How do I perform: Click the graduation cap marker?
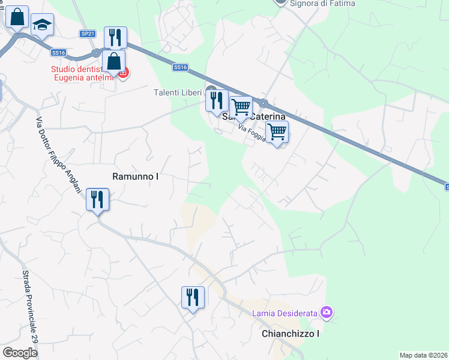pos(41,25)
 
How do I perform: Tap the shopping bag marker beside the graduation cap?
pos(17,18)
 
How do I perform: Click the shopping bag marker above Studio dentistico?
pos(113,61)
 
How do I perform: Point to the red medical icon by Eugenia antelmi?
pos(124,73)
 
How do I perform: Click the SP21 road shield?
pos(88,34)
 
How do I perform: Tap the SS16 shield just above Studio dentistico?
pos(58,53)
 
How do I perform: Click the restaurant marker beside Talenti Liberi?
pos(217,100)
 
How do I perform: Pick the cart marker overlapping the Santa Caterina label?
pos(241,107)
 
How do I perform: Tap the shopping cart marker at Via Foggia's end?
pos(276,131)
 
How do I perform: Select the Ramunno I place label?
pos(136,176)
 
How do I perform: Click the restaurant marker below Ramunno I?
pos(97,199)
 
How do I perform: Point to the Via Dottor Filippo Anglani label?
pos(58,154)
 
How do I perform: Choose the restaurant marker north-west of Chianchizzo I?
pos(193,298)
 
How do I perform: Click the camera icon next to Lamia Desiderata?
pos(326,312)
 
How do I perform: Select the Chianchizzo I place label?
pos(290,334)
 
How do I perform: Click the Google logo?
pos(20,353)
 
